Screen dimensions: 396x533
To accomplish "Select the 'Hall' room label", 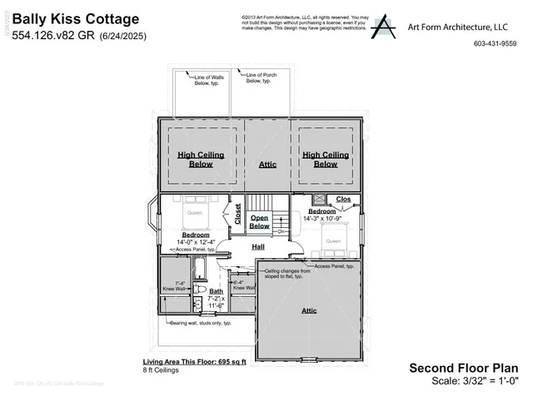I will (258, 247).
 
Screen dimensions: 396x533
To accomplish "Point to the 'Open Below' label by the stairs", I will (260, 222).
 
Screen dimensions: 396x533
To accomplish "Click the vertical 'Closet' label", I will (237, 215).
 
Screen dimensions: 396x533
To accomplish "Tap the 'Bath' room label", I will (217, 291).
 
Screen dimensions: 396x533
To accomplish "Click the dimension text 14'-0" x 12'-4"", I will (195, 242).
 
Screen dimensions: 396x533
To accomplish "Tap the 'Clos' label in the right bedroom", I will (343, 200).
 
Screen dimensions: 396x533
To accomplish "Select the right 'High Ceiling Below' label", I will (326, 160).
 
